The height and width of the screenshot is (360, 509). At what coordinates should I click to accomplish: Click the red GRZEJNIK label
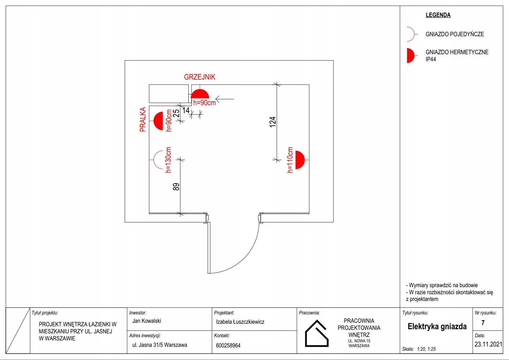coord(200,77)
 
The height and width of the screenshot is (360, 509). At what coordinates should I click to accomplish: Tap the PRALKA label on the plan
coord(143,119)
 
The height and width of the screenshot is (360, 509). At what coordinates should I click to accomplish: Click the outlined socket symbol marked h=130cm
coord(158,159)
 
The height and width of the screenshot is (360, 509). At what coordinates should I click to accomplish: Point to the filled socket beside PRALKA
coord(159,121)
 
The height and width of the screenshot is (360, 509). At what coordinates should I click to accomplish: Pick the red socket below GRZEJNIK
coord(200,94)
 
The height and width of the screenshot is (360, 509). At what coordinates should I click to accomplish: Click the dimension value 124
coord(272,122)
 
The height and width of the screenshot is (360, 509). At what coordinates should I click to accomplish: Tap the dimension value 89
coord(176,187)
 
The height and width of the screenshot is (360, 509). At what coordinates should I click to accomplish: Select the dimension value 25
coord(176,114)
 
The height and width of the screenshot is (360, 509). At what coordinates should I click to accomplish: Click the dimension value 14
coord(186,110)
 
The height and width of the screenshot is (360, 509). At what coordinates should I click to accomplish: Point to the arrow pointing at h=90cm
coord(225,99)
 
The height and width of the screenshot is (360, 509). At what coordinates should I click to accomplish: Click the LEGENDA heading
coord(438,15)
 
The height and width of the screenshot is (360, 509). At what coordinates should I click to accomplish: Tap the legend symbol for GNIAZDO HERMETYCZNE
coord(410,56)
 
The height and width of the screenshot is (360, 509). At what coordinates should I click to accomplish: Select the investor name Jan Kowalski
coord(147,321)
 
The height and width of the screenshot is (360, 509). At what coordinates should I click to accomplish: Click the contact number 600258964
coord(228,346)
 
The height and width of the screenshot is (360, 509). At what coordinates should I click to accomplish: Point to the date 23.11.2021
coord(488,344)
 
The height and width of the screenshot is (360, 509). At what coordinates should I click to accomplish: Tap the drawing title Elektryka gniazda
coord(437,327)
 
